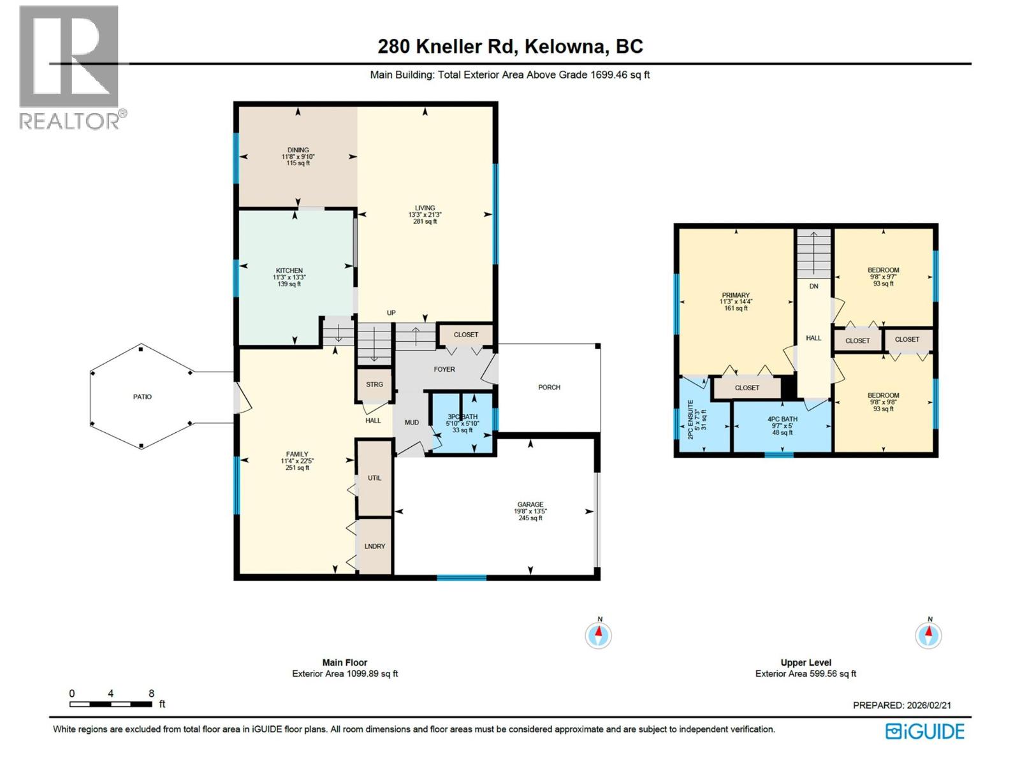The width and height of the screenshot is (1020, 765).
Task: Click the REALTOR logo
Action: (70, 67)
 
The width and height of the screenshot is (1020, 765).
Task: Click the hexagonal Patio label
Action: (142, 397)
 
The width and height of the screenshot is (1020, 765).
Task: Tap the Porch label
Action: (549, 387)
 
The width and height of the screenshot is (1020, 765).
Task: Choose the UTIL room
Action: (374, 477)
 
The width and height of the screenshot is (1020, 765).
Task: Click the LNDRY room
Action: (374, 546)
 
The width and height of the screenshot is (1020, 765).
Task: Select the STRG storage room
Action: (374, 384)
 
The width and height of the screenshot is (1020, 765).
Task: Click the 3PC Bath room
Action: (462, 423)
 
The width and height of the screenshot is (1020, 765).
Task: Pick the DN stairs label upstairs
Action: (814, 286)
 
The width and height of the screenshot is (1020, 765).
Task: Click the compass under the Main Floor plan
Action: (598, 635)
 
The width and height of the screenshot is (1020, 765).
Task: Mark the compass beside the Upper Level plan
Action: (928, 635)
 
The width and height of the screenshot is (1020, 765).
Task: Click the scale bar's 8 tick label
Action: (151, 694)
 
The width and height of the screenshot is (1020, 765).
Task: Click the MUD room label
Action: (411, 422)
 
